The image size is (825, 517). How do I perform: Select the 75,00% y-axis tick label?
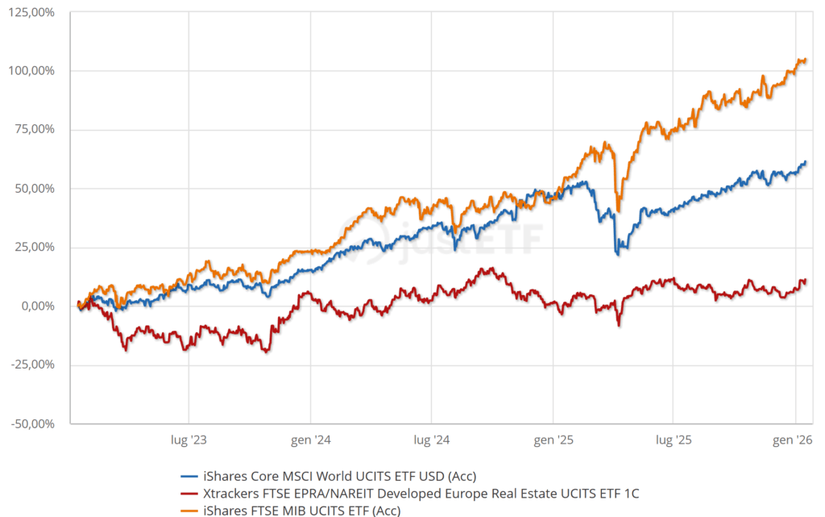[35, 130]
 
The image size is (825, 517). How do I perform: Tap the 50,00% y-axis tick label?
[35, 189]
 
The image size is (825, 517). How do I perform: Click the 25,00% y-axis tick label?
[35, 248]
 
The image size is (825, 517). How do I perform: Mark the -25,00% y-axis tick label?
[33, 365]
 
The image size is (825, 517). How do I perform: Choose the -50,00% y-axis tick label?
[33, 423]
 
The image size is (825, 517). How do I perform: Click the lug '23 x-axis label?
[189, 440]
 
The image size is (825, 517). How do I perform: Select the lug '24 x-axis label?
[431, 440]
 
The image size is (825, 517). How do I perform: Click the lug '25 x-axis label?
[674, 440]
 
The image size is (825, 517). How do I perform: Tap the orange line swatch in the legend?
[189, 510]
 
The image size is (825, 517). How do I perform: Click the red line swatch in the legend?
[189, 492]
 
